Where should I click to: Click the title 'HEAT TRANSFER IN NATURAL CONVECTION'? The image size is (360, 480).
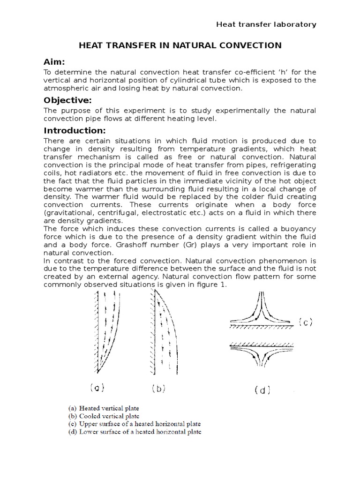tap(180, 45)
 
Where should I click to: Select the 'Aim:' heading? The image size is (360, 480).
tap(54, 62)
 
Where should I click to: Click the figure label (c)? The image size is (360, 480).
tap(306, 322)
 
